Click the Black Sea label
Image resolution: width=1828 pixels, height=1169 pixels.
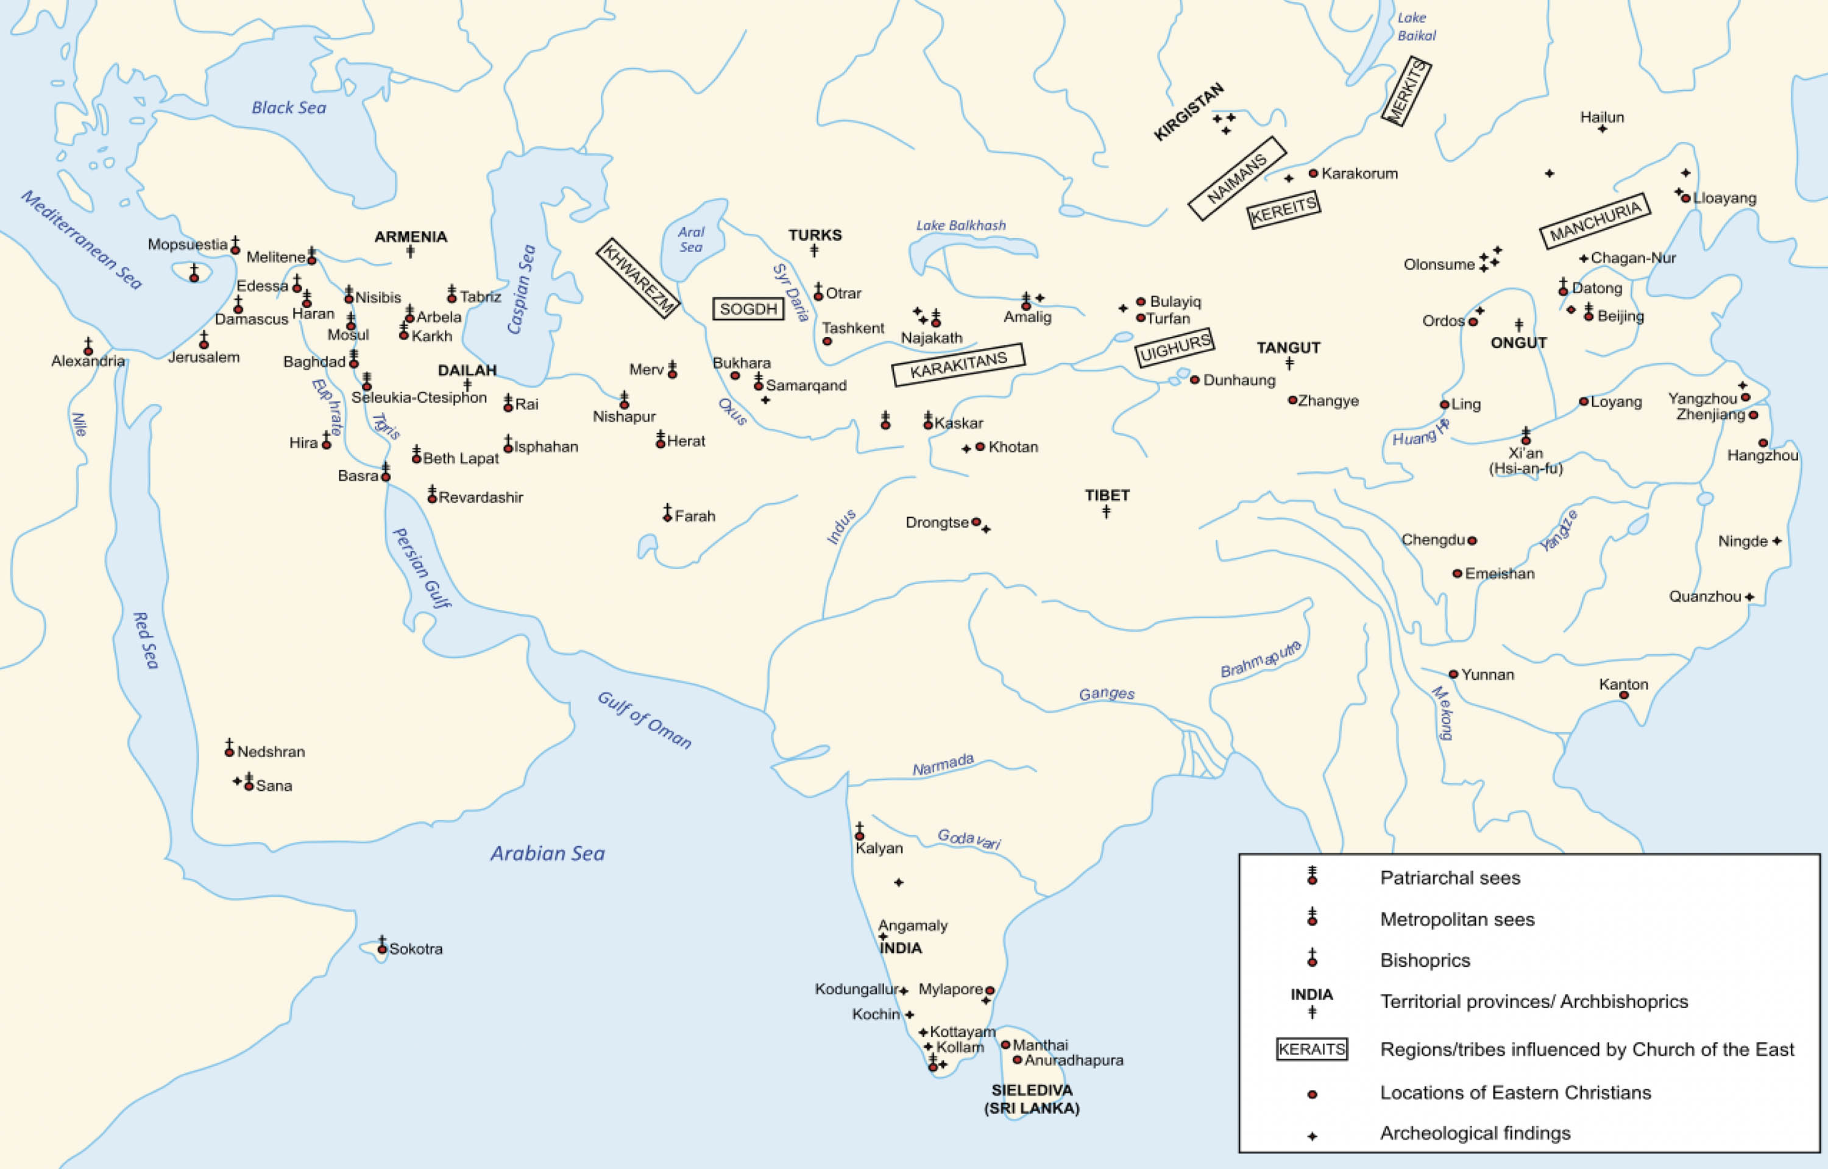pos(288,108)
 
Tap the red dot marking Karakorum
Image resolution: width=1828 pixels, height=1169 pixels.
pos(1313,173)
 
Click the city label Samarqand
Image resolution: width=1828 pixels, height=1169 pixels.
pos(806,386)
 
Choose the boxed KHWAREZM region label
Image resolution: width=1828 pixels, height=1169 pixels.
pos(638,278)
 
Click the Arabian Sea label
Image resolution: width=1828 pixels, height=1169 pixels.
pos(547,853)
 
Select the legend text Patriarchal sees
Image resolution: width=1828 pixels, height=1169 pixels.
pos(1450,878)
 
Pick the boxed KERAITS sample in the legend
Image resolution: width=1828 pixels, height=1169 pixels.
pos(1312,1050)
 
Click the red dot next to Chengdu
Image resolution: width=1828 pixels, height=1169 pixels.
pos(1472,540)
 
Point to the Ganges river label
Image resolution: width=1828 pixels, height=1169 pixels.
pos(1106,694)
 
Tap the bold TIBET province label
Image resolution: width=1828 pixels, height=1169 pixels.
pos(1107,496)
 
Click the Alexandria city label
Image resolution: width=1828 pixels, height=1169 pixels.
pos(88,361)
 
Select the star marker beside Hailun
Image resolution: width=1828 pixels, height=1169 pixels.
pos(1603,129)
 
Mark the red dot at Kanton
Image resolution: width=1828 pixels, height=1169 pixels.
pos(1624,695)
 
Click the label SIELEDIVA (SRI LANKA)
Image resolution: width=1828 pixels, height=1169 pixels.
pos(1032,1099)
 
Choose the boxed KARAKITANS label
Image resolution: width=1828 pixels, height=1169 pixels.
pos(958,365)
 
